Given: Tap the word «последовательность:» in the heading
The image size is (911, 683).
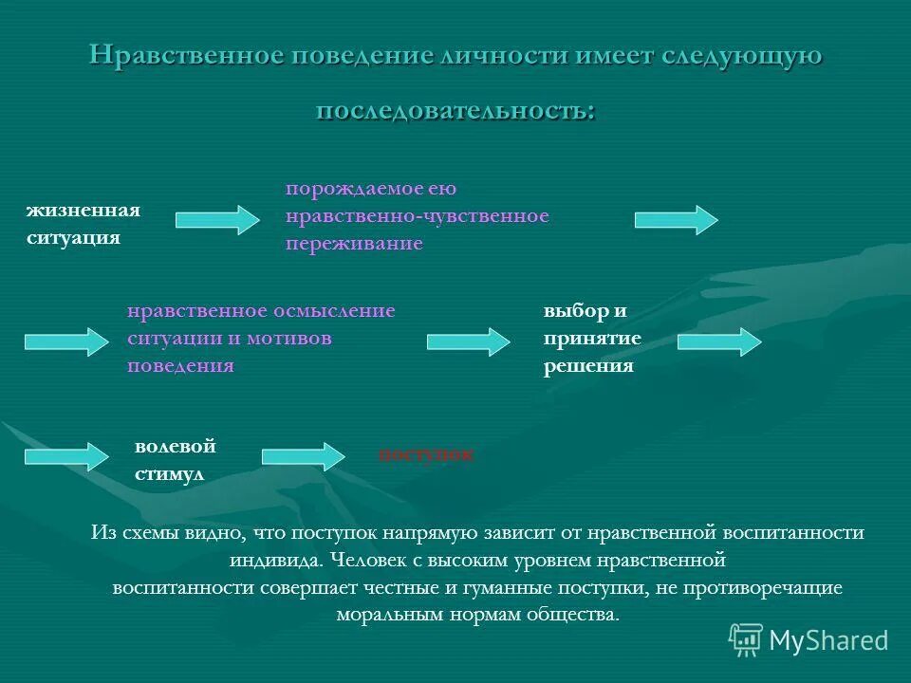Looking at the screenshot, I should point(455,109).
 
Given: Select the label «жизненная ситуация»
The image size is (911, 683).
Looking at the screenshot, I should point(83,223).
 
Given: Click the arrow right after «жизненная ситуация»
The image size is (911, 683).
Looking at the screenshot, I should point(216,220).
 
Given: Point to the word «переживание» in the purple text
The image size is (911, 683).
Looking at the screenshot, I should point(354,244).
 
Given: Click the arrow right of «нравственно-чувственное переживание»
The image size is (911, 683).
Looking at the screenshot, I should point(676,219).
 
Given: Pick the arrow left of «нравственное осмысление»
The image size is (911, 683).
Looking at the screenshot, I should point(66,341).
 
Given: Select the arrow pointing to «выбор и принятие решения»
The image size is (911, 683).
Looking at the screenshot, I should point(468,341).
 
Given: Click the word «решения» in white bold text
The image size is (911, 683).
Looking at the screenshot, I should point(588,366).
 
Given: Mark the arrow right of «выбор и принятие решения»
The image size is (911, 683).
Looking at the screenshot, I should point(718,341).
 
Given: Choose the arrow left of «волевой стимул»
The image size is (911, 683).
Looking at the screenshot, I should point(66,455).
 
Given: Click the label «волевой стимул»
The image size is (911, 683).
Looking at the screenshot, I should point(175,459).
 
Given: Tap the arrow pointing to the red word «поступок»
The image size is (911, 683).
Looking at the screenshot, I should point(303,455).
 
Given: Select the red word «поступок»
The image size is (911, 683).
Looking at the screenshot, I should point(426,454).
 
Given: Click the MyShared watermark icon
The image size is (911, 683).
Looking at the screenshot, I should point(746,639).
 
